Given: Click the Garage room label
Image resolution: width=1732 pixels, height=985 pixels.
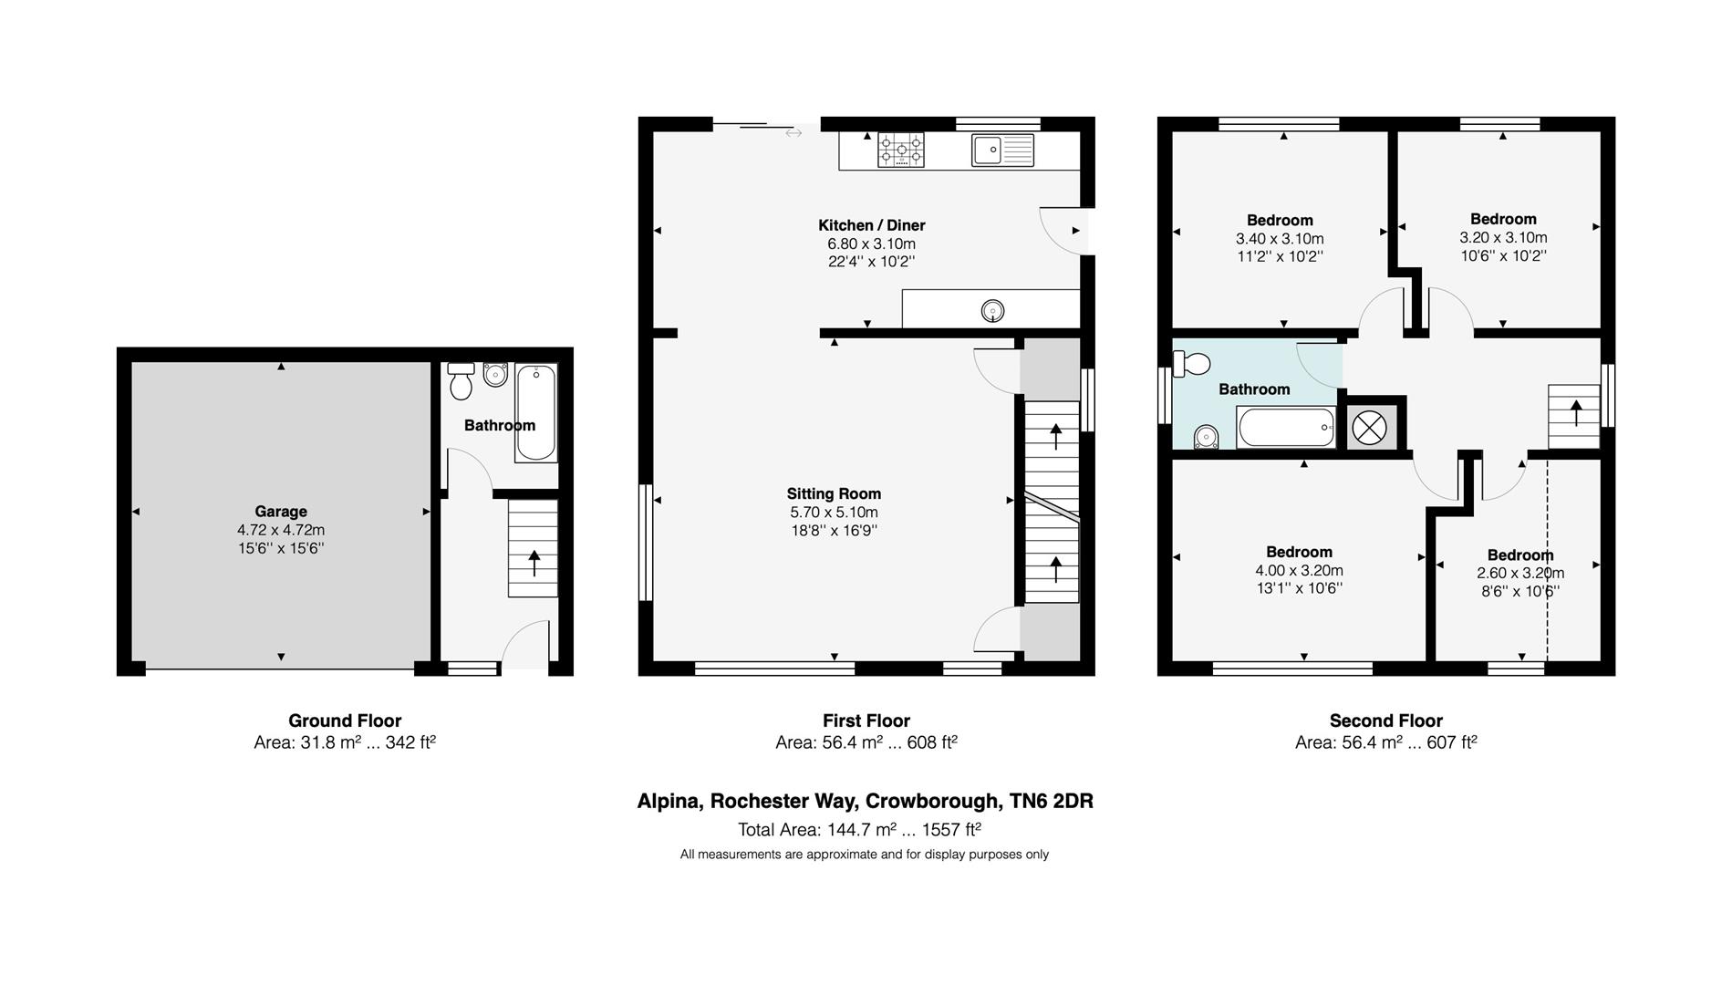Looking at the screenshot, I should tap(280, 512).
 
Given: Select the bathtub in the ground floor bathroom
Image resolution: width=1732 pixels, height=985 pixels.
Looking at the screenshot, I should tap(535, 412).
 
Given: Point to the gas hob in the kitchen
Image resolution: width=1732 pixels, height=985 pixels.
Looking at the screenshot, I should tap(900, 150).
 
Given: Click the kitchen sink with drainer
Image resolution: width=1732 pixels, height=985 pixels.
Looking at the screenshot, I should tap(1002, 150).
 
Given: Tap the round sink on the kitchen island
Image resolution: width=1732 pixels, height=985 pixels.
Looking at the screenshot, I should tap(992, 312).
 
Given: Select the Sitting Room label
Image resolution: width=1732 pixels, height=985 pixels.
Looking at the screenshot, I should tap(834, 494).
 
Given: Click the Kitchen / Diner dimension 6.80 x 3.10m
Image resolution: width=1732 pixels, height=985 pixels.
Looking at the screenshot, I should tap(871, 244).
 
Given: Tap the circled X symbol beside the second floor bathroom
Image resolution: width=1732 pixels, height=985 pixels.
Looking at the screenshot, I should tap(1369, 427).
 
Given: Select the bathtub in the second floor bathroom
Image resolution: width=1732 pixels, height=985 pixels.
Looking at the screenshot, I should tap(1286, 427).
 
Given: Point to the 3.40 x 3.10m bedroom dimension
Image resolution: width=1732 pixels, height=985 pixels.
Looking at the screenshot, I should tap(1280, 239).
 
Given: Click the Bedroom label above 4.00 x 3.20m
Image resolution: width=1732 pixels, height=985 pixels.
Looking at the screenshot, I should tap(1299, 552).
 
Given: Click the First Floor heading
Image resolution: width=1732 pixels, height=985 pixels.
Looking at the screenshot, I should tap(866, 721).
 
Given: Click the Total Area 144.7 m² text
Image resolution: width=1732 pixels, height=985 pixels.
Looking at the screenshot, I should tap(859, 830).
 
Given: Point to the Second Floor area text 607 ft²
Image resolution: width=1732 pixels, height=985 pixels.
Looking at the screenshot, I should tap(1451, 742).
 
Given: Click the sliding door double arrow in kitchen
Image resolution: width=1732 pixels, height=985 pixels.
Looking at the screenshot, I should tap(793, 133).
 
